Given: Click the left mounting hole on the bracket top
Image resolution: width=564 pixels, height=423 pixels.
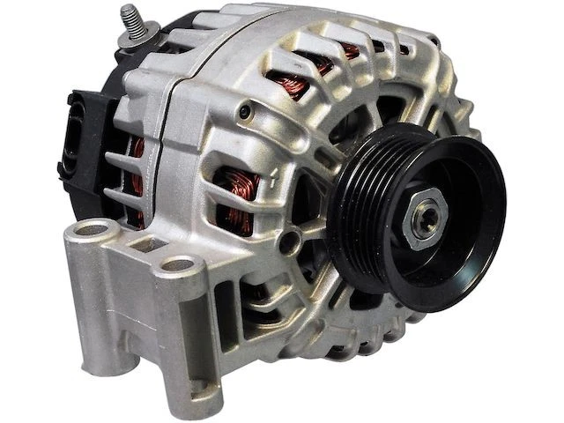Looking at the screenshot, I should [x=93, y=231].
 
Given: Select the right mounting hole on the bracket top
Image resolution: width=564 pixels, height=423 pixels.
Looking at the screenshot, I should [x=179, y=263].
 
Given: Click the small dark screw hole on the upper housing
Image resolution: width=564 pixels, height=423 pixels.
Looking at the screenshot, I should [x=249, y=112].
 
